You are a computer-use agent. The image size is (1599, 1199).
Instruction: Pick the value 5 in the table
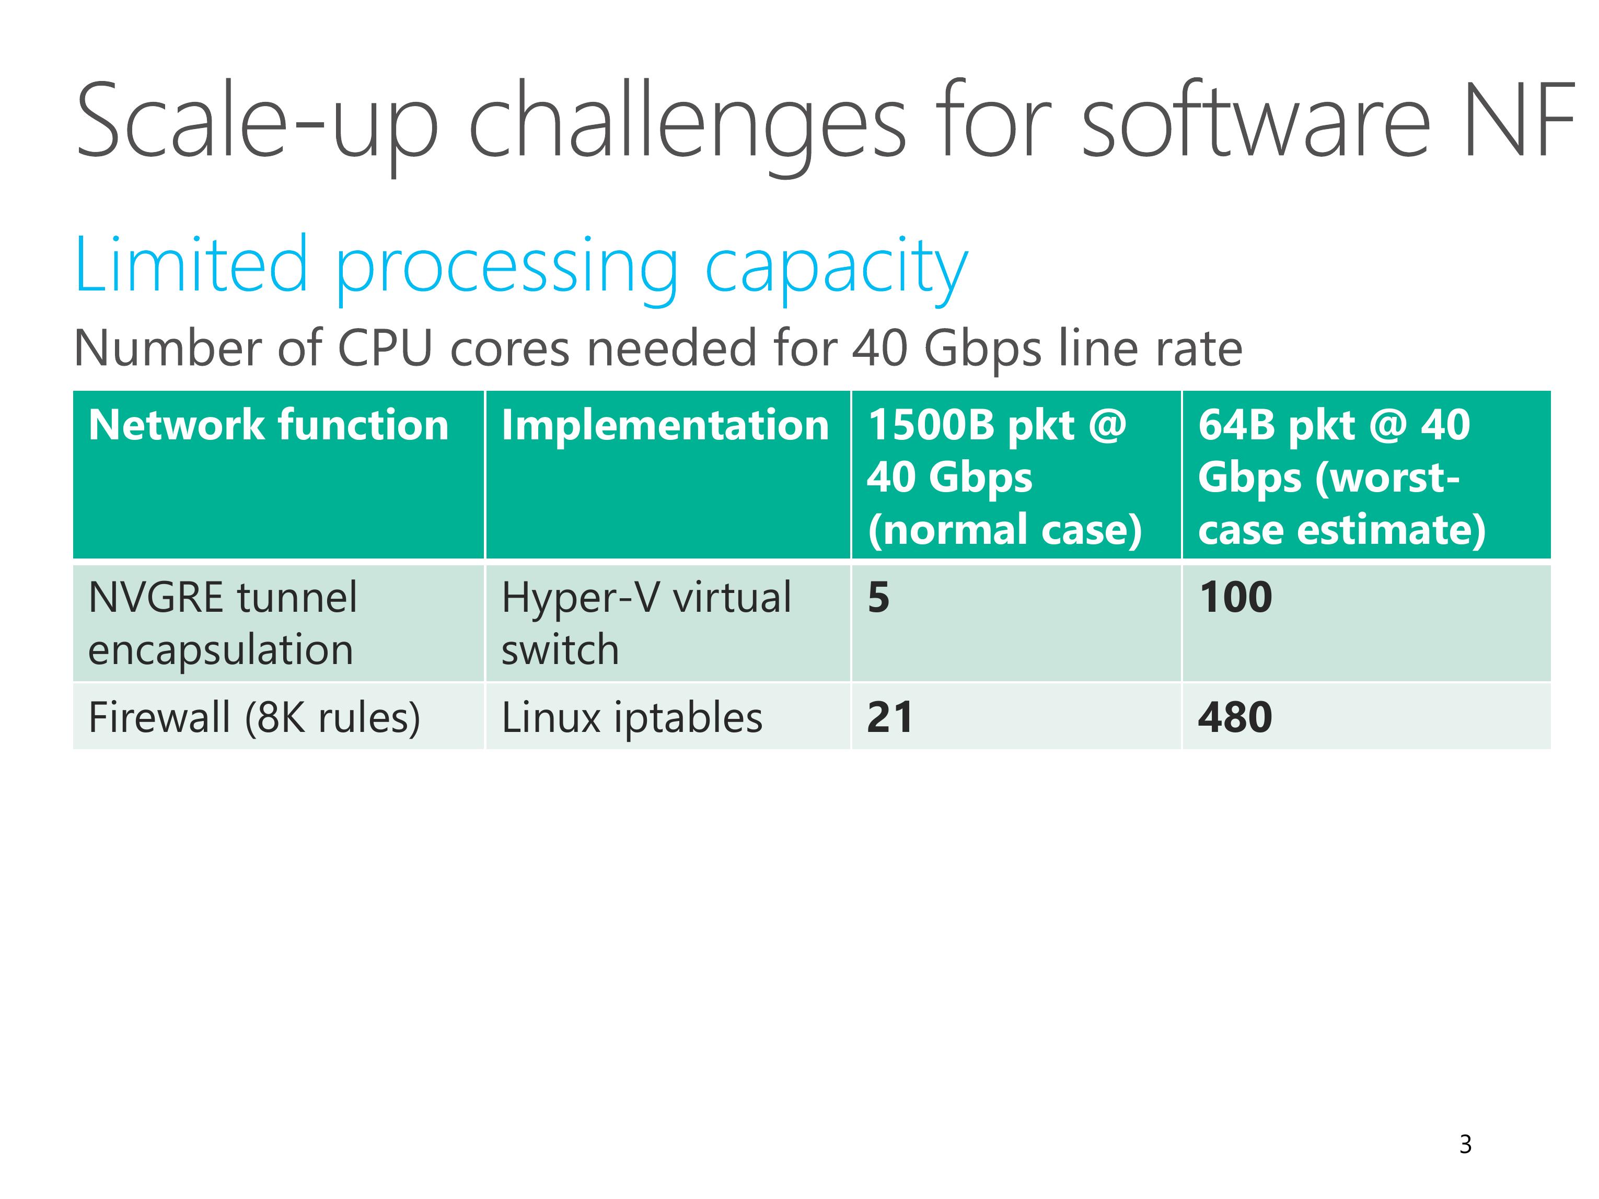(x=878, y=598)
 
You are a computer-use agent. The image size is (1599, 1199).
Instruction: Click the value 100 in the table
(x=1235, y=598)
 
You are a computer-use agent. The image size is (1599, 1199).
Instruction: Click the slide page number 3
(x=1465, y=1144)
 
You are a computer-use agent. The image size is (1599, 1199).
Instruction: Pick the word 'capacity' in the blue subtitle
(x=837, y=270)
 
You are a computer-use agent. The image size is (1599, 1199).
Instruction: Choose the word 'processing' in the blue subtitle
(x=507, y=270)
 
